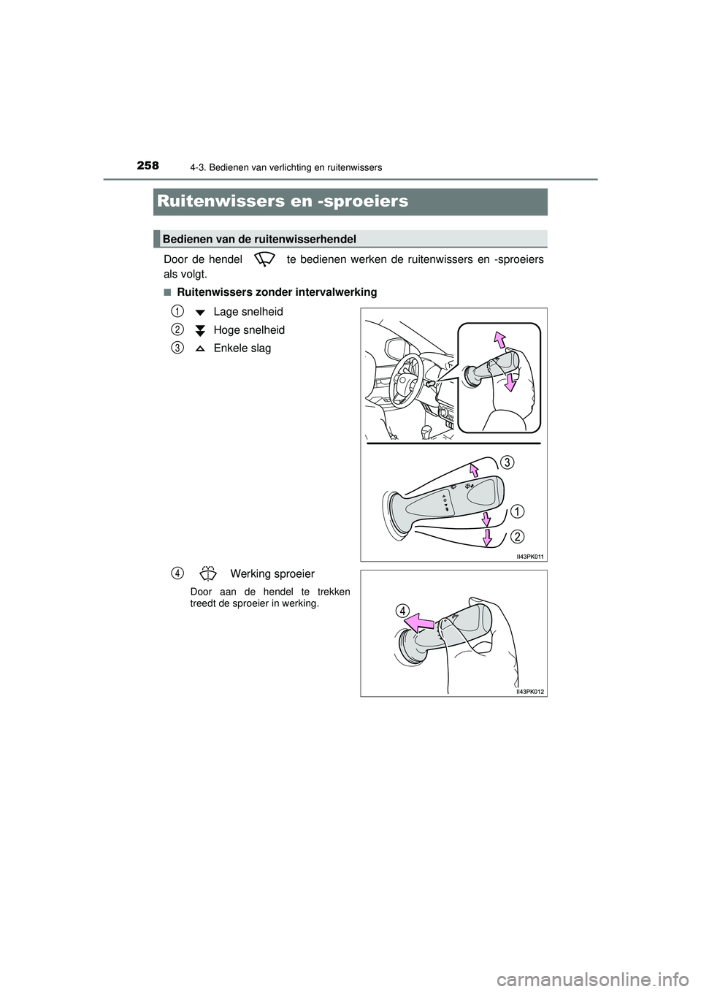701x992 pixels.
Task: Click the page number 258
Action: [x=147, y=166]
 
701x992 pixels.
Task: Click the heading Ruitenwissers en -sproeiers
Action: [x=282, y=201]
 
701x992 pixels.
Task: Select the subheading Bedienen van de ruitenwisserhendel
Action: [x=259, y=239]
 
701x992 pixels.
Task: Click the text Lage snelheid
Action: [x=248, y=312]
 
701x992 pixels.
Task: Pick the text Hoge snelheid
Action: [x=249, y=330]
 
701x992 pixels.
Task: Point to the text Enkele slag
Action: [x=242, y=348]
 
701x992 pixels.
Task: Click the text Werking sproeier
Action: [x=272, y=574]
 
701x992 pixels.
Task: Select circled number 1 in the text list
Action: [x=177, y=312]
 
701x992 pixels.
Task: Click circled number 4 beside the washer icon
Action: [x=177, y=573]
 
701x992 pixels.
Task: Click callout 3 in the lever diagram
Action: [x=507, y=462]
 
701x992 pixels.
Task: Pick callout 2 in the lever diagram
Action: [x=517, y=537]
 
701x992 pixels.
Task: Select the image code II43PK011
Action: [x=530, y=556]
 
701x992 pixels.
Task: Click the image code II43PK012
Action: [x=530, y=691]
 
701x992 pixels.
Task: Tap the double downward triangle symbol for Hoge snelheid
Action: [x=200, y=330]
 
